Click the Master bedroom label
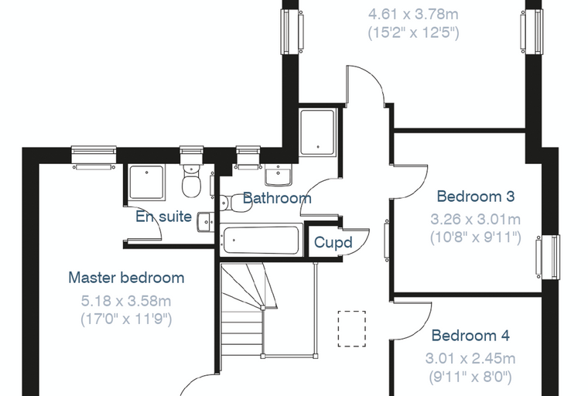(126, 278)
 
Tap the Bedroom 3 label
(476, 196)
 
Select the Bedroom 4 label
(470, 335)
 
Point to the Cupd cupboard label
(333, 243)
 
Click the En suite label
(163, 217)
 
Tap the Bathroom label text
(277, 198)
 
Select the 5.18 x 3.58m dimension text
(126, 301)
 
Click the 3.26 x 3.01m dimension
(476, 219)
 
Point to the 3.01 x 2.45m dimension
(470, 359)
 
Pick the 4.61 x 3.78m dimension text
(413, 15)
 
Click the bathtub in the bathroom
(261, 240)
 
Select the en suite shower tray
(147, 183)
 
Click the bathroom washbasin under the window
(278, 176)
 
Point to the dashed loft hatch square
(352, 329)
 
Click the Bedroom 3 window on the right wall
(548, 257)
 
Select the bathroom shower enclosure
(317, 132)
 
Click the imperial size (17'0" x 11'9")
(126, 319)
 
